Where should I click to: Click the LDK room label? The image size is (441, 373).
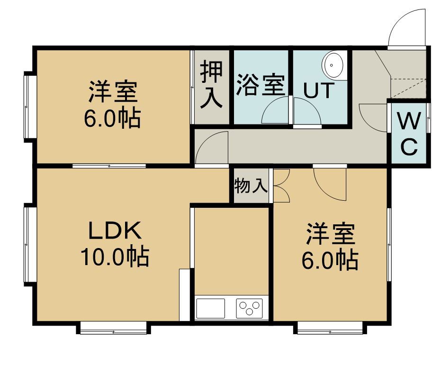pos(115,230)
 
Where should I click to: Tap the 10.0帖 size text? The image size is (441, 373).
pos(115,257)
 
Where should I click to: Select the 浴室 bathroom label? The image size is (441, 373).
pos(261,85)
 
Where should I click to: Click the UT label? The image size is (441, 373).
pos(319,90)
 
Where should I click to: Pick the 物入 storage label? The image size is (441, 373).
pos(251,186)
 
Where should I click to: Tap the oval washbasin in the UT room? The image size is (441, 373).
pos(333,65)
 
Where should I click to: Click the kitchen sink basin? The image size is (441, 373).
pos(211,308)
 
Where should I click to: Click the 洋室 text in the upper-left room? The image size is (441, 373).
pos(113,92)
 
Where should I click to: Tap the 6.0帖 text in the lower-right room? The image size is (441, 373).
pos(330,260)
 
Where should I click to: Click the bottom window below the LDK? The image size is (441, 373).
pos(113,328)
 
